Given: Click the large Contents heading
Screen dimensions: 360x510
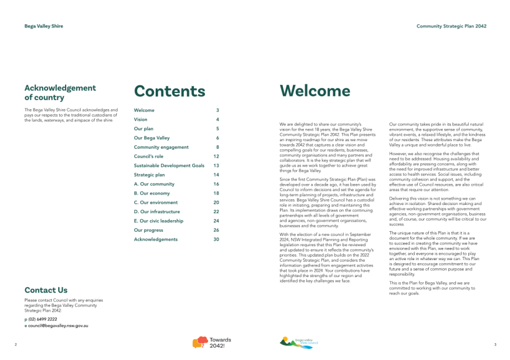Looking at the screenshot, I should tap(170, 91).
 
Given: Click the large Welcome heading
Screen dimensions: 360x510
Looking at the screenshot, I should tap(315, 91).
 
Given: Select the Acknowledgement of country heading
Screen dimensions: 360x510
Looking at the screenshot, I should tap(60, 92).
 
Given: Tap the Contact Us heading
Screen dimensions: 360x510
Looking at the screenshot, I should tap(46, 290).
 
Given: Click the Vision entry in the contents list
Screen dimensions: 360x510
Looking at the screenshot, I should tap(141, 119).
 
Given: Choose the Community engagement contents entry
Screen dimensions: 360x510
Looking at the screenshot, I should tap(161, 147).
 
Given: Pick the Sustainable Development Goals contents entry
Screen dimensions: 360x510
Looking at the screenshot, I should tap(169, 165).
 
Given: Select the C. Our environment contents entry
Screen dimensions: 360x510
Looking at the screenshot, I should tap(156, 203).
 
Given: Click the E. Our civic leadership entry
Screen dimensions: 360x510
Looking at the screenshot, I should tap(159, 221).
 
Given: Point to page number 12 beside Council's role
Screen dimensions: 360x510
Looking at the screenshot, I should tap(216, 156).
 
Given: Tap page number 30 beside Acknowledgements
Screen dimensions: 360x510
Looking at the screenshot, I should tap(216, 239).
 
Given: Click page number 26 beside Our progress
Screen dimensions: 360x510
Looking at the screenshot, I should tap(216, 230).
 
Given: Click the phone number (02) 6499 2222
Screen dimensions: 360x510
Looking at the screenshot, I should tap(42, 319).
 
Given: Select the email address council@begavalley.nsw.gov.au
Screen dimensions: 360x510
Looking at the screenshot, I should tap(58, 326).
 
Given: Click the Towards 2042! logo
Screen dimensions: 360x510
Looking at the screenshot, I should tap(211, 343).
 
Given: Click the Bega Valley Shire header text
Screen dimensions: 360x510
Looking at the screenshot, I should tap(44, 26).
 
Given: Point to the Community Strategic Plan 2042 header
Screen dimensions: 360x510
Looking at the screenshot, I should tap(451, 26).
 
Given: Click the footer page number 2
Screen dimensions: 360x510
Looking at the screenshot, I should tap(16, 344).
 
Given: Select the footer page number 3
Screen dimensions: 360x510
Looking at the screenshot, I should tap(495, 344).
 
